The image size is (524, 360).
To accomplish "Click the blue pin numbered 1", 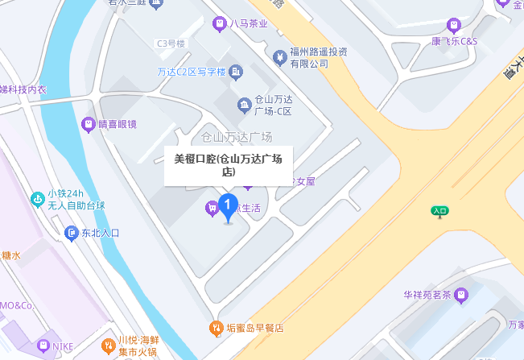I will (x=228, y=207).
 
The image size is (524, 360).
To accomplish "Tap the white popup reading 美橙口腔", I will (x=228, y=165).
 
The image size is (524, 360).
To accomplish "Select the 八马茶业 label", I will (x=248, y=24).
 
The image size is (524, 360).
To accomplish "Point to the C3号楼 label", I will (x=171, y=43).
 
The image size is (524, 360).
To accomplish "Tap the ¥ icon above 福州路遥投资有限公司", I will (x=279, y=57).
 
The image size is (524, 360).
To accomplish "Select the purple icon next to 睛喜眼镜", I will (x=88, y=123).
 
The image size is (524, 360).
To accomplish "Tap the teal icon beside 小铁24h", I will (x=36, y=198).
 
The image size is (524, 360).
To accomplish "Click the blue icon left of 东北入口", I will (x=71, y=233).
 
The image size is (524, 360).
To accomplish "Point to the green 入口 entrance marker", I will (x=439, y=212).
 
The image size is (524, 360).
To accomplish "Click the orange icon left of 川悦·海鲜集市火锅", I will (x=108, y=346).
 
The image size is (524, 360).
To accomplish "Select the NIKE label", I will (x=62, y=347).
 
